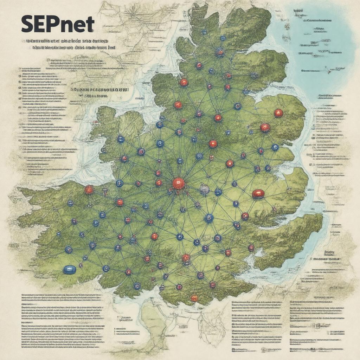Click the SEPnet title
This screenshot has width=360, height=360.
(x=58, y=25)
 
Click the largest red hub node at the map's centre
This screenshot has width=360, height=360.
(x=179, y=183)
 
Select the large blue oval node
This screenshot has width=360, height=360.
(x=69, y=270)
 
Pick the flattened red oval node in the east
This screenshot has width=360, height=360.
(x=258, y=194)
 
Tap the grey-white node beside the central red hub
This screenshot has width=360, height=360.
(x=204, y=190)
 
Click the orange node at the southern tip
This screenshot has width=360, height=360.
(x=194, y=298)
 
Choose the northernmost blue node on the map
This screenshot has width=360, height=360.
(x=204, y=32)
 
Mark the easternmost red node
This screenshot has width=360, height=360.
(x=278, y=113)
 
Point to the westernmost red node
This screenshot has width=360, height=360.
(x=89, y=190)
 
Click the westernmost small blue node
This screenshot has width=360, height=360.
(x=58, y=234)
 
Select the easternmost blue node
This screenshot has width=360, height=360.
(x=275, y=147)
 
